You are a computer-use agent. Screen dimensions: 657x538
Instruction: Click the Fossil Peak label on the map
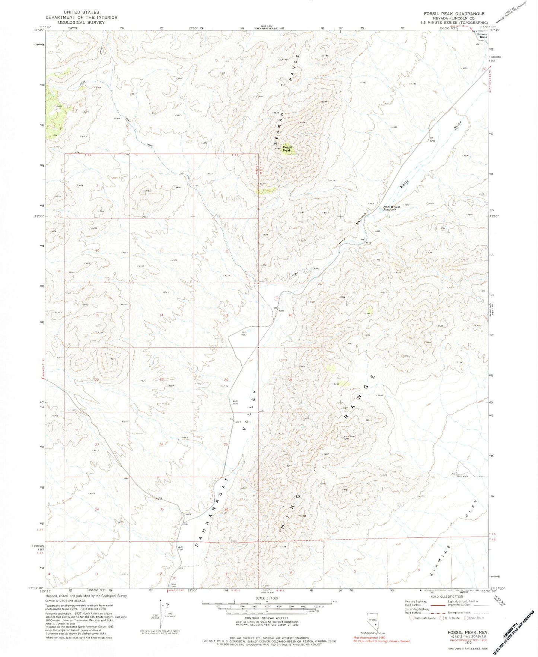pos(287,149)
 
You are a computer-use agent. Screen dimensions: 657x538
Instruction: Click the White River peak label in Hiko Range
pos(349,438)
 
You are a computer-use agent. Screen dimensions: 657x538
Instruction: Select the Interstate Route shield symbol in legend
pos(411,618)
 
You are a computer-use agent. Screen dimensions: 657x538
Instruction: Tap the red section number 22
pos(97,379)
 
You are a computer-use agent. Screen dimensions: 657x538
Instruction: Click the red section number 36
pos(226,509)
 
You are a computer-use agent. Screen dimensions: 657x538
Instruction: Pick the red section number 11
pos(162,251)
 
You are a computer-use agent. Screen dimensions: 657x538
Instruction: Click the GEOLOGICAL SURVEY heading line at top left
pos(81,22)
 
